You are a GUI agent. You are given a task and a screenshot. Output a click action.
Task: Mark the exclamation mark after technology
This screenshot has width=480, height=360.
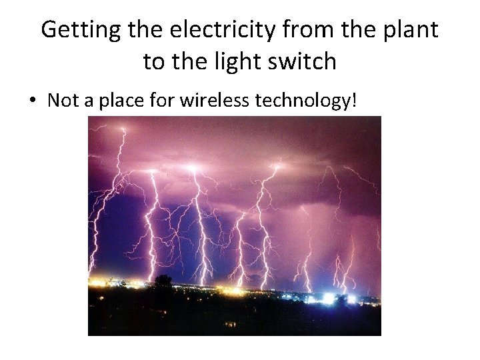point(355,101)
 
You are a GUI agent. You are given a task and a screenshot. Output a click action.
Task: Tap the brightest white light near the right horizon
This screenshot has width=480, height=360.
point(328,298)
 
